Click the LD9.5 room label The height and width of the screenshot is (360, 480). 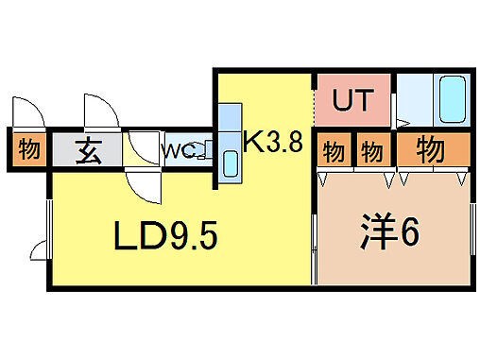click(x=167, y=236)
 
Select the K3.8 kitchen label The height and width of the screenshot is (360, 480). click(x=273, y=144)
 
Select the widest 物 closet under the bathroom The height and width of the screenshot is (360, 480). click(x=431, y=148)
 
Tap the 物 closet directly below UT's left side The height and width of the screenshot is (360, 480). click(x=333, y=150)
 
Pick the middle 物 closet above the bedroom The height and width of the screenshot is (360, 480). click(x=371, y=150)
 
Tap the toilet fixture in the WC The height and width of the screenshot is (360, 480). click(x=202, y=152)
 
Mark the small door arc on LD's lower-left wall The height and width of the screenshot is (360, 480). click(x=40, y=250)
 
